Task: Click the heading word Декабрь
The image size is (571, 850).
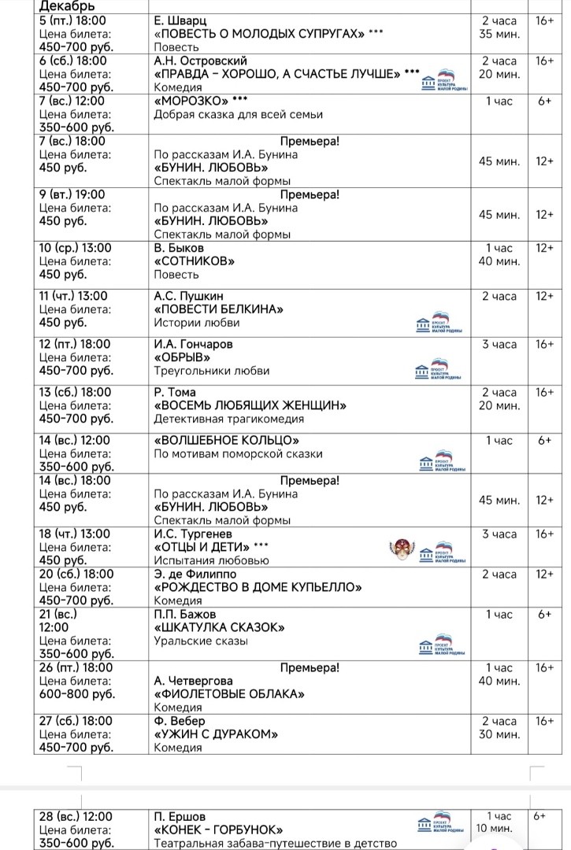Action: point(66,6)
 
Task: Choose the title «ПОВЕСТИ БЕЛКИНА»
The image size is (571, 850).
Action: point(218,309)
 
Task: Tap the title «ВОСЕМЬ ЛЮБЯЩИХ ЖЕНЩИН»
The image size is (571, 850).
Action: point(250,405)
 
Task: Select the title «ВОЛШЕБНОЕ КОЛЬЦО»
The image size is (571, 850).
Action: point(227,441)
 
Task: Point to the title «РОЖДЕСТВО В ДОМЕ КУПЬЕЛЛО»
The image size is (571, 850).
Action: point(258,587)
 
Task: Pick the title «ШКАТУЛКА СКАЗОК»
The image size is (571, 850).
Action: point(219,627)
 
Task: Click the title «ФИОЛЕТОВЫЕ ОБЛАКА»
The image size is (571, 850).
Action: point(229,694)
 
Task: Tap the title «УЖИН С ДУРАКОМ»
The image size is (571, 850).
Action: point(217,734)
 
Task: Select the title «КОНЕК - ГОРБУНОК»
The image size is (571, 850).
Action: point(218,830)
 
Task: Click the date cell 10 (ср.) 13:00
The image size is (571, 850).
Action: point(76,248)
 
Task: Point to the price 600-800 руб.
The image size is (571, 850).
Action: point(77,694)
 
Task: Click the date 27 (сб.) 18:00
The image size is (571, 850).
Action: point(76,721)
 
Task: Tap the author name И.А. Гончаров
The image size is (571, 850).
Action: point(193,344)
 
